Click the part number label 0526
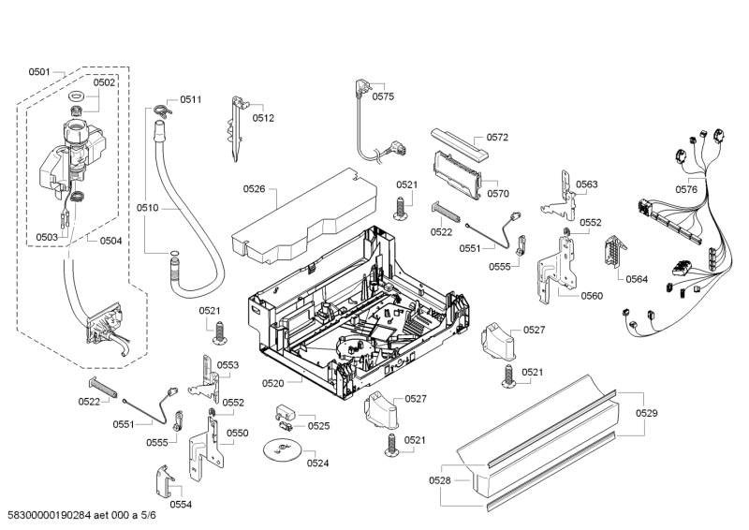[255, 189]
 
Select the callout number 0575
[384, 96]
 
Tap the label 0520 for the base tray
[272, 382]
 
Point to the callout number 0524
[317, 463]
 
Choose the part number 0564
[637, 278]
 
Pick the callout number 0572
[497, 138]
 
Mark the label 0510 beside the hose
[147, 207]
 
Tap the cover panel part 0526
[300, 215]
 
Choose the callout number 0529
[646, 413]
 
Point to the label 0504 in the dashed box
[110, 240]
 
